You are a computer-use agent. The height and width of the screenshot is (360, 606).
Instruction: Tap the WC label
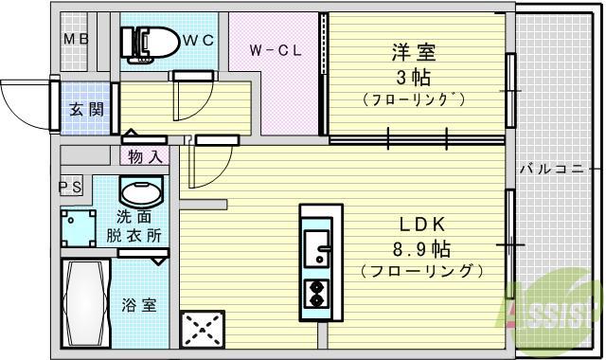(x=198, y=40)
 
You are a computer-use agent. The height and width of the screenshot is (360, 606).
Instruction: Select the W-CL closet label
(x=276, y=50)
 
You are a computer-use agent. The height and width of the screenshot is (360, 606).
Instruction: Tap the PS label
(x=70, y=187)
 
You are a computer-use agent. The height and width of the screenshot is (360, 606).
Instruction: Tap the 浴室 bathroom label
(x=139, y=305)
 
